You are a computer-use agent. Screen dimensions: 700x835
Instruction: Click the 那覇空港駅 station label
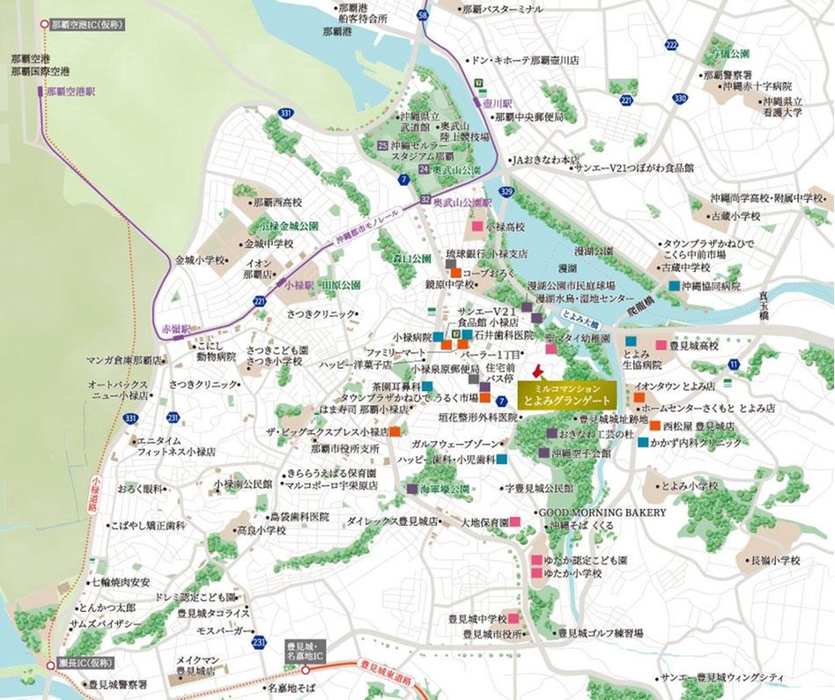70,91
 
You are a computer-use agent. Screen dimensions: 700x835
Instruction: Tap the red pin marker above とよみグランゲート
541,371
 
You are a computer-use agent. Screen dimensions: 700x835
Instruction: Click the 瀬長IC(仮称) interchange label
82,665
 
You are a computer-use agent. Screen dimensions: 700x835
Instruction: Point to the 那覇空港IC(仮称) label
86,25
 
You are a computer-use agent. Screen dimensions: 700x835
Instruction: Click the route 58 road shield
424,15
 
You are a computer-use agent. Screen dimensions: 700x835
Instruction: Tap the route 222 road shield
673,45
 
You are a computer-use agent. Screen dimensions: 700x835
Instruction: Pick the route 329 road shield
506,191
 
